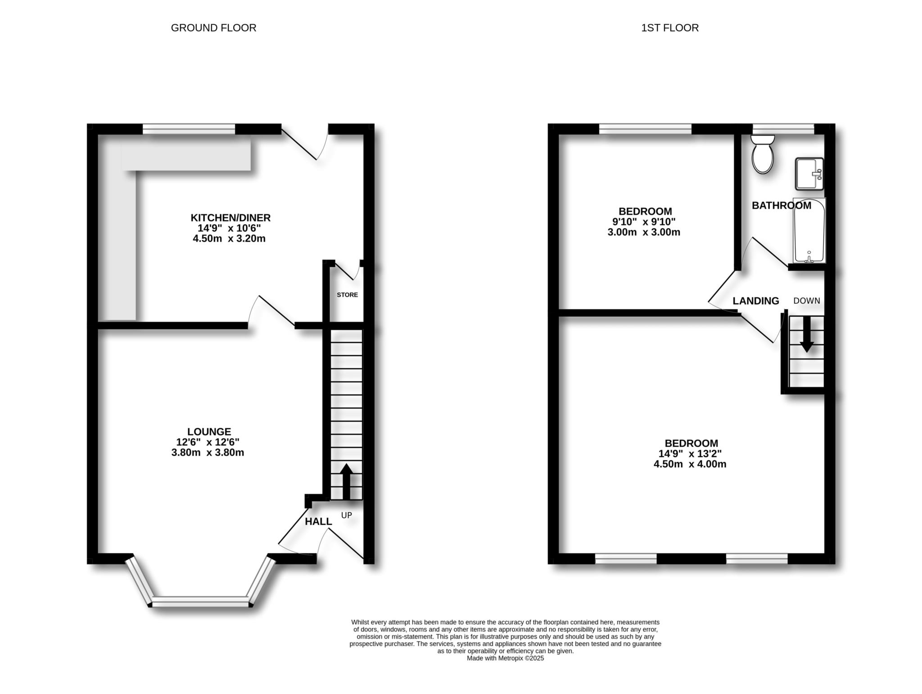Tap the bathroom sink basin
(x=809, y=174)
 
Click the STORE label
(x=347, y=295)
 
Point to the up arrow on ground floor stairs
(x=346, y=481)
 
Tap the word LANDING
(x=755, y=301)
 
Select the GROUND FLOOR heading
(x=213, y=28)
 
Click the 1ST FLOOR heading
(x=669, y=28)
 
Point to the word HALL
(x=318, y=522)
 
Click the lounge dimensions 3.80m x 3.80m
(x=208, y=453)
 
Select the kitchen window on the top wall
(x=189, y=129)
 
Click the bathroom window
(x=783, y=129)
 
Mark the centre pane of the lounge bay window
(x=200, y=601)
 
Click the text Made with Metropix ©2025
(x=505, y=658)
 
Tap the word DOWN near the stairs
(x=806, y=301)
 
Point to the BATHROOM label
(x=781, y=206)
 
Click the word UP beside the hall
(x=346, y=515)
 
